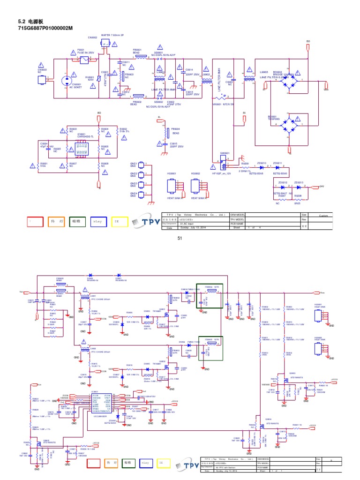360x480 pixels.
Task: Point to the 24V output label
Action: click(322, 187)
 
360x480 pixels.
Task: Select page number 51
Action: click(180, 239)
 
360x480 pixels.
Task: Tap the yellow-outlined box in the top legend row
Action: click(119, 221)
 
